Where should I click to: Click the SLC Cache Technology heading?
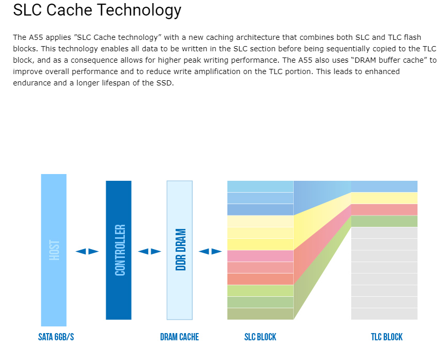pos(97,10)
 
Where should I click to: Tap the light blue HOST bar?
pos(54,250)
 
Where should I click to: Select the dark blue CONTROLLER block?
pos(119,250)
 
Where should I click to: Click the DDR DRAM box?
pos(180,250)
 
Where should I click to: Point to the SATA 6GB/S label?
pos(56,337)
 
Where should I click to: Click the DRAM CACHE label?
pos(179,337)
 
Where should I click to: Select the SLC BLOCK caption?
pos(260,337)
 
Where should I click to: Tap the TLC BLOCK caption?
pos(386,337)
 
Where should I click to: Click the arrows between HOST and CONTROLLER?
pos(87,252)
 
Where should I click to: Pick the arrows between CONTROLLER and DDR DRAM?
pos(149,252)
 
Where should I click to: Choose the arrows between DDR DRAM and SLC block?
pos(210,252)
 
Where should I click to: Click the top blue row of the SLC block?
pos(260,186)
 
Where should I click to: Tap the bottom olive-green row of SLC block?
pos(260,314)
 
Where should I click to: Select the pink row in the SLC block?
pos(260,256)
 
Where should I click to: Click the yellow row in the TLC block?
pos(384,198)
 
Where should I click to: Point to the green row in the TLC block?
pos(384,221)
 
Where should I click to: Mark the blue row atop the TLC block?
pos(384,186)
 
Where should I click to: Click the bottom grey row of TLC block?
pos(384,314)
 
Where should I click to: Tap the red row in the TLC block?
pos(384,209)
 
